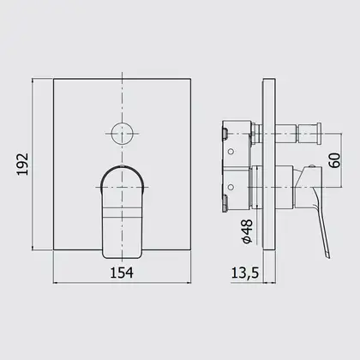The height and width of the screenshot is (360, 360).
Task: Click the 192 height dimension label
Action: (22, 165)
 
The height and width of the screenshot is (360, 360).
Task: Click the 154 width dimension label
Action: (122, 273)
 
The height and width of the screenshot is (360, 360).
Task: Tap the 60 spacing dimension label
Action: (334, 160)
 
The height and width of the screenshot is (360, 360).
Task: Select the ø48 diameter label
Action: (248, 231)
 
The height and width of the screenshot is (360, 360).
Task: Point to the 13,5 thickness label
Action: (245, 273)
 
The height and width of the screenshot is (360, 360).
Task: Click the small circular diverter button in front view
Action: (122, 134)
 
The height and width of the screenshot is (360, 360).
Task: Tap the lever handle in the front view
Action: (122, 212)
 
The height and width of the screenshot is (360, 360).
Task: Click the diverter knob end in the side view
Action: (318, 134)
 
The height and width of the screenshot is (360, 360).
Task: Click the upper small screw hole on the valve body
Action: (231, 151)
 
